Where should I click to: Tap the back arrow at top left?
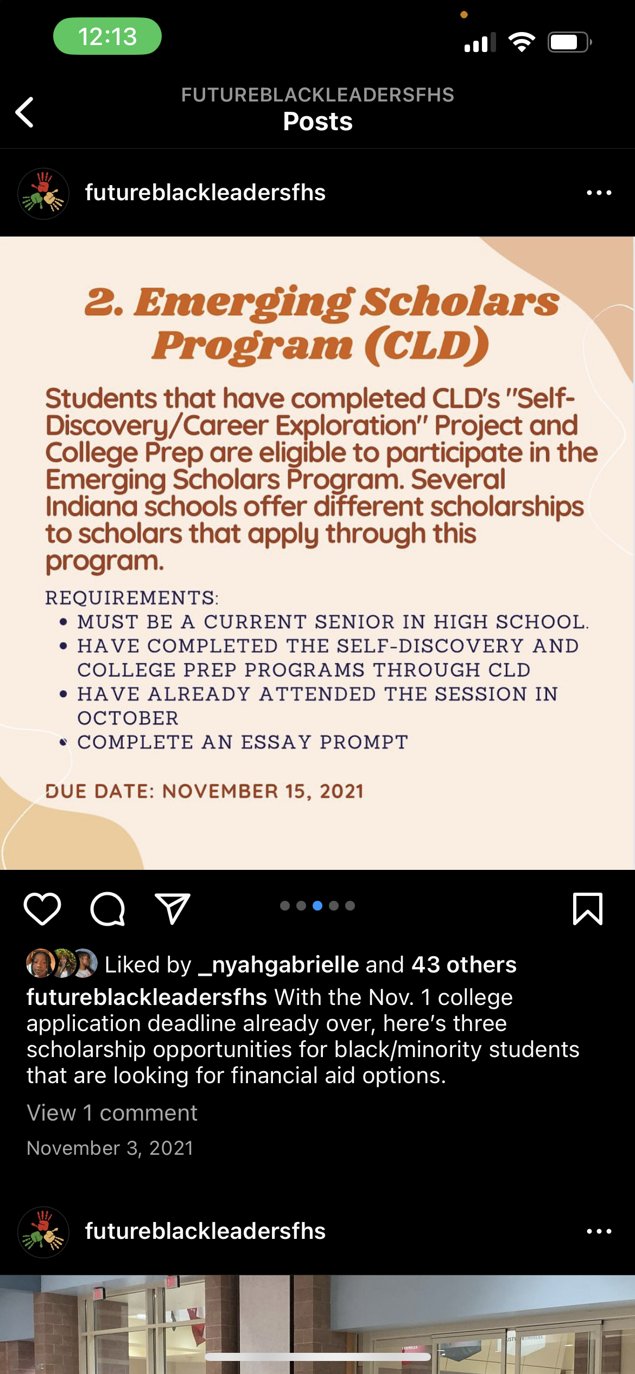tap(25, 112)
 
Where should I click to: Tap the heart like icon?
tap(42, 908)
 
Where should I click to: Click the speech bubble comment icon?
tap(107, 908)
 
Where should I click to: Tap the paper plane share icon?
tap(173, 908)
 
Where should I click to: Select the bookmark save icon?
tap(588, 908)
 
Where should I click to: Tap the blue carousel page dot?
tap(317, 906)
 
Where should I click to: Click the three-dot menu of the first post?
tap(599, 193)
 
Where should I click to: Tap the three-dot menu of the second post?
tap(599, 1231)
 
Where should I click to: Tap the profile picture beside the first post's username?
tap(43, 193)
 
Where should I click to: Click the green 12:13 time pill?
tap(107, 36)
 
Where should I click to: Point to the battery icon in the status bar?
tap(569, 42)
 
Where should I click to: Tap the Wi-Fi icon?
tap(522, 42)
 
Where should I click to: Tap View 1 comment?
tap(112, 1113)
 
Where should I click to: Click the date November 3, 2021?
tap(110, 1148)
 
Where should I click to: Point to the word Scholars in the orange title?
tap(460, 302)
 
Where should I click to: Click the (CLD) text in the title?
tap(427, 345)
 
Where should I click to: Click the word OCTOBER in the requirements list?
tap(128, 718)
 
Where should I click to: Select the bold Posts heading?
tap(318, 122)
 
